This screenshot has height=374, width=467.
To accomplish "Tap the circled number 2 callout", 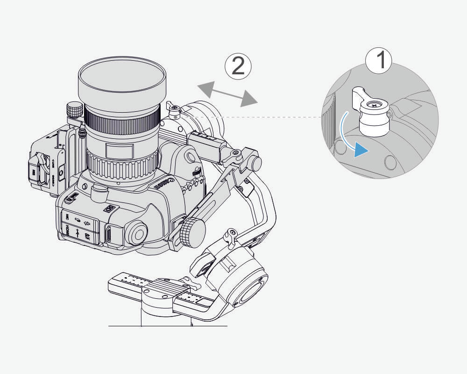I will (x=238, y=66).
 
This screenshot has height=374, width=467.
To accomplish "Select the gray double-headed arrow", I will (x=227, y=93).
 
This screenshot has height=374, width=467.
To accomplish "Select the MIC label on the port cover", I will (x=67, y=217).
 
